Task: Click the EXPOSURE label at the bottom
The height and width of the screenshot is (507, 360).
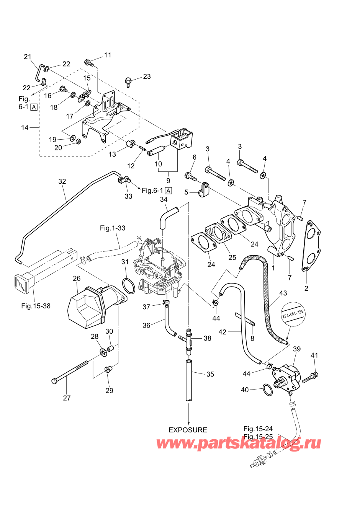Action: pos(188,430)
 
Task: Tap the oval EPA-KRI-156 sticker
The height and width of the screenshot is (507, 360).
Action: pos(293,314)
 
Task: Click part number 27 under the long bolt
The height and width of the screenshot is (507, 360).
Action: pos(67,398)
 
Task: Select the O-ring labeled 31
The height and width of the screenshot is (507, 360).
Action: pos(128,286)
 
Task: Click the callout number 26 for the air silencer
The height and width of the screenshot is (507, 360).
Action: pos(77,278)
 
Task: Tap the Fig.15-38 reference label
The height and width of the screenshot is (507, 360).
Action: pos(36,306)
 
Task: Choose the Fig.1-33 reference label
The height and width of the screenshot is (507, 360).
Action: pos(113,228)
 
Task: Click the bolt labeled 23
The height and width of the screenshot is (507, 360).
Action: pos(128,80)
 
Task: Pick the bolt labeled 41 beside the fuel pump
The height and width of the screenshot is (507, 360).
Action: pos(310,378)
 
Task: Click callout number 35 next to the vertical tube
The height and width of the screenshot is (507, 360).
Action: pos(210,374)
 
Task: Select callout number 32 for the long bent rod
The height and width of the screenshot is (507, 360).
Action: pos(62,181)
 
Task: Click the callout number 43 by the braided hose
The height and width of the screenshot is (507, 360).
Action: pos(283,293)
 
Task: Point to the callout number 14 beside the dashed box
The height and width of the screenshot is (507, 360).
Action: pos(25,127)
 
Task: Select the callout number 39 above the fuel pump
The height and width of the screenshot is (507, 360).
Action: pos(297,349)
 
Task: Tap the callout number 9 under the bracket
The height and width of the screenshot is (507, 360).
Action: pos(168,180)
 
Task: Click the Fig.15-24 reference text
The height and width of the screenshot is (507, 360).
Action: pos(258,429)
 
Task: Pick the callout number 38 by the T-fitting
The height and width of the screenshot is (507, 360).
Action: pos(207,338)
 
